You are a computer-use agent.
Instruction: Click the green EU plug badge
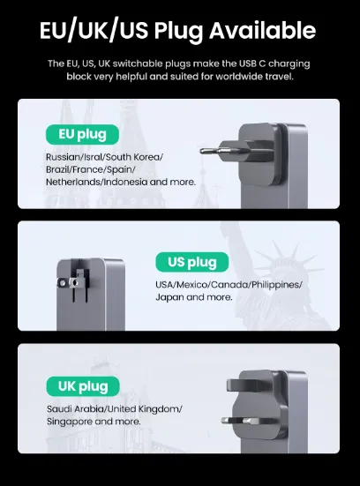click(82, 135)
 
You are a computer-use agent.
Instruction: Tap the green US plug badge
click(192, 262)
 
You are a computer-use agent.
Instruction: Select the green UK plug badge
click(83, 386)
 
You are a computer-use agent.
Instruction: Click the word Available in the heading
click(262, 30)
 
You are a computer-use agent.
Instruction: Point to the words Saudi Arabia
click(75, 409)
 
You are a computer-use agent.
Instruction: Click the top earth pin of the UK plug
click(243, 385)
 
